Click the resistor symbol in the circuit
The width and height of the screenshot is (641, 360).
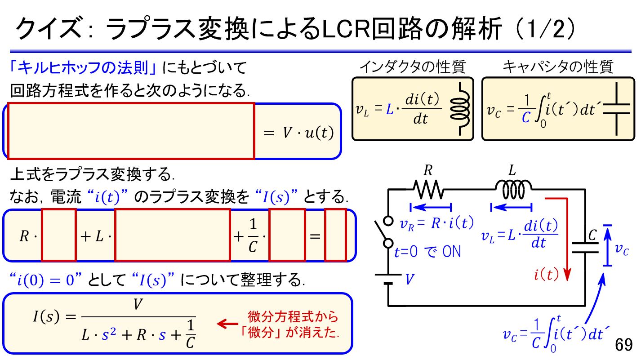[430, 190]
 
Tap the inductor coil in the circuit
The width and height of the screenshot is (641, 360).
[513, 190]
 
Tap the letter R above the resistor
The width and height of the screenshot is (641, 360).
[428, 170]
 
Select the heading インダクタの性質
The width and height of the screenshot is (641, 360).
[413, 67]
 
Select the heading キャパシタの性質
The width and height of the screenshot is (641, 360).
[557, 67]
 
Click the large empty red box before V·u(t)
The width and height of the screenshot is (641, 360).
[131, 131]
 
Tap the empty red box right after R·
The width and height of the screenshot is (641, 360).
[59, 235]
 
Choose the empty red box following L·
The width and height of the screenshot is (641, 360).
[173, 235]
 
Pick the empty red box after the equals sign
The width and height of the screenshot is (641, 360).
[335, 235]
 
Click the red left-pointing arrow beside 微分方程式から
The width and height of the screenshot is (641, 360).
[227, 324]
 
